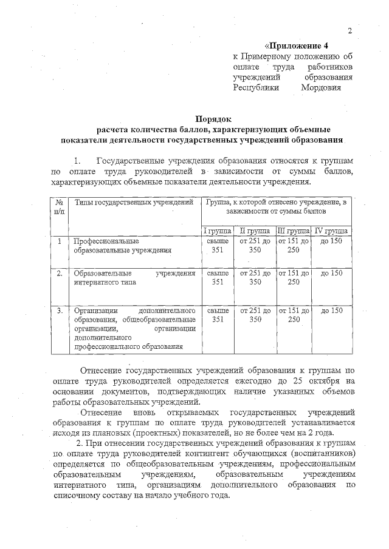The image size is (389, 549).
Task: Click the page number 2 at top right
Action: pos(350,32)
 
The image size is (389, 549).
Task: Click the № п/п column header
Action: pos(60,206)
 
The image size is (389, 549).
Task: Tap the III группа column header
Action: pos(293,231)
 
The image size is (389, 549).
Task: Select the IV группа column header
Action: pos(331,231)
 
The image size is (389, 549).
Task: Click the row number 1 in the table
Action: pos(60,241)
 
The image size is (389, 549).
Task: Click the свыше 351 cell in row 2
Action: pos(218,277)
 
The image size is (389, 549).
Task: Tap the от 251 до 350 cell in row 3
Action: pos(255,314)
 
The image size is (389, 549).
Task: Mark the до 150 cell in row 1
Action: pos(331,241)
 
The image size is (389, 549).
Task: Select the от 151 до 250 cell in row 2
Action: pos(293,277)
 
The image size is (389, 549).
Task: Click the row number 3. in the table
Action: pos(60,311)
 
